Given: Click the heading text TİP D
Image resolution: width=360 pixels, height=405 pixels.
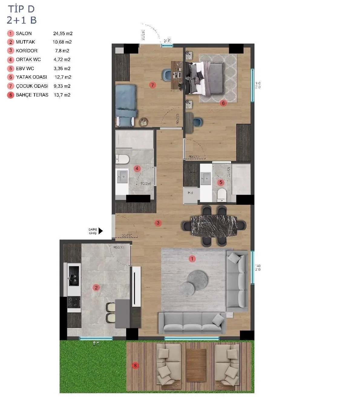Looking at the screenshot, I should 21,9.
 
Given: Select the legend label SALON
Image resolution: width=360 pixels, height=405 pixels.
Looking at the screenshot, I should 24,34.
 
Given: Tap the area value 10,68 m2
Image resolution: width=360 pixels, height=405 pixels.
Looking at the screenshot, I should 62,42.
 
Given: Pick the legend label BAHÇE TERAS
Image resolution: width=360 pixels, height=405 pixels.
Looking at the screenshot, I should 32,95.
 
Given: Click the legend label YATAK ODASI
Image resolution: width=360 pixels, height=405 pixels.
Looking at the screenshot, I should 31,77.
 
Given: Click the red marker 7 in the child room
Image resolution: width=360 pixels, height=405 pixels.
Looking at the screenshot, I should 152,85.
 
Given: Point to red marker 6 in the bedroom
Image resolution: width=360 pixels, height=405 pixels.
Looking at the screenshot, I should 223,103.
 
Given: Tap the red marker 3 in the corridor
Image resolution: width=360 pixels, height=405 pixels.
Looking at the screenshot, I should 158,223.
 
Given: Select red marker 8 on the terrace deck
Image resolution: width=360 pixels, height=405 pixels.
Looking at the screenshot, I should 135,366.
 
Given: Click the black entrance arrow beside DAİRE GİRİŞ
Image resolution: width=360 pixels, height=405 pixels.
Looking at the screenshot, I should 100,231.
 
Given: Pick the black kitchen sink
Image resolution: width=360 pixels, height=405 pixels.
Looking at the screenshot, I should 74,276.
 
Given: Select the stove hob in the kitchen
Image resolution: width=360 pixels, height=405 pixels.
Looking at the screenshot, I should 74,302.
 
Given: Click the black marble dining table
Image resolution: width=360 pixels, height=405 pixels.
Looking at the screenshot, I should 214,225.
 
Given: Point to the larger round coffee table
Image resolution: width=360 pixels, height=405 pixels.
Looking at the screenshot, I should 197,279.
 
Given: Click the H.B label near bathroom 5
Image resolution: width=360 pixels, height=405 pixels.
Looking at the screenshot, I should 190,192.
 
